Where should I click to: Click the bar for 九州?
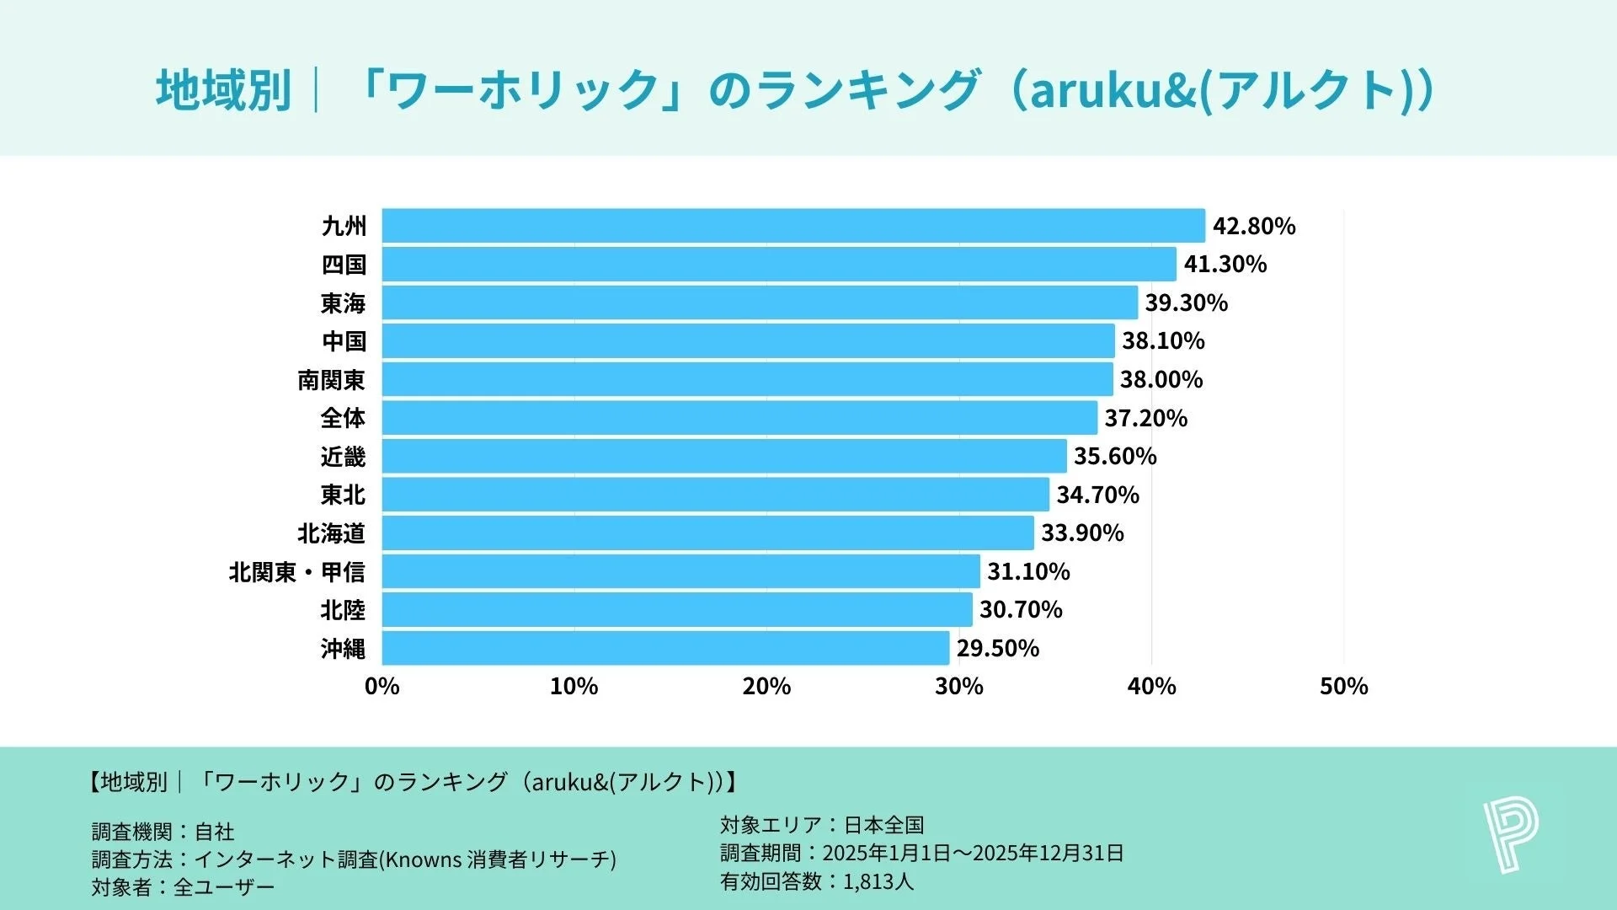click(x=793, y=226)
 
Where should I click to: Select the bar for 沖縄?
click(x=665, y=648)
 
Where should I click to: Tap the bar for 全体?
click(x=739, y=418)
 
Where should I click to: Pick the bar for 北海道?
click(x=707, y=533)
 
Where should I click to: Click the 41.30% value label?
click(x=1225, y=265)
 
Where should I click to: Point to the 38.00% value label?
click(x=1161, y=379)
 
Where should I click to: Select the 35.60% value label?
click(x=1115, y=456)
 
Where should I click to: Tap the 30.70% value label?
click(x=1021, y=609)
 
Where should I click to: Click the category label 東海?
click(x=343, y=302)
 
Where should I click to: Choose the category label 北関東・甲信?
click(x=297, y=571)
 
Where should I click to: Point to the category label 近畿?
click(x=343, y=456)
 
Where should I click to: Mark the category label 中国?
click(x=344, y=341)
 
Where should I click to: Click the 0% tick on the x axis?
click(x=382, y=686)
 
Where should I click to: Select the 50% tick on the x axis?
click(x=1344, y=686)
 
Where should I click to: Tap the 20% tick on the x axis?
click(x=766, y=686)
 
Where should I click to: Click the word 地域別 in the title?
click(x=223, y=90)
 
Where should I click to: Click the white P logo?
click(x=1510, y=836)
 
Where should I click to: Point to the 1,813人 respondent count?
click(x=878, y=881)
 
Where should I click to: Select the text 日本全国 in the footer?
click(x=884, y=824)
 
